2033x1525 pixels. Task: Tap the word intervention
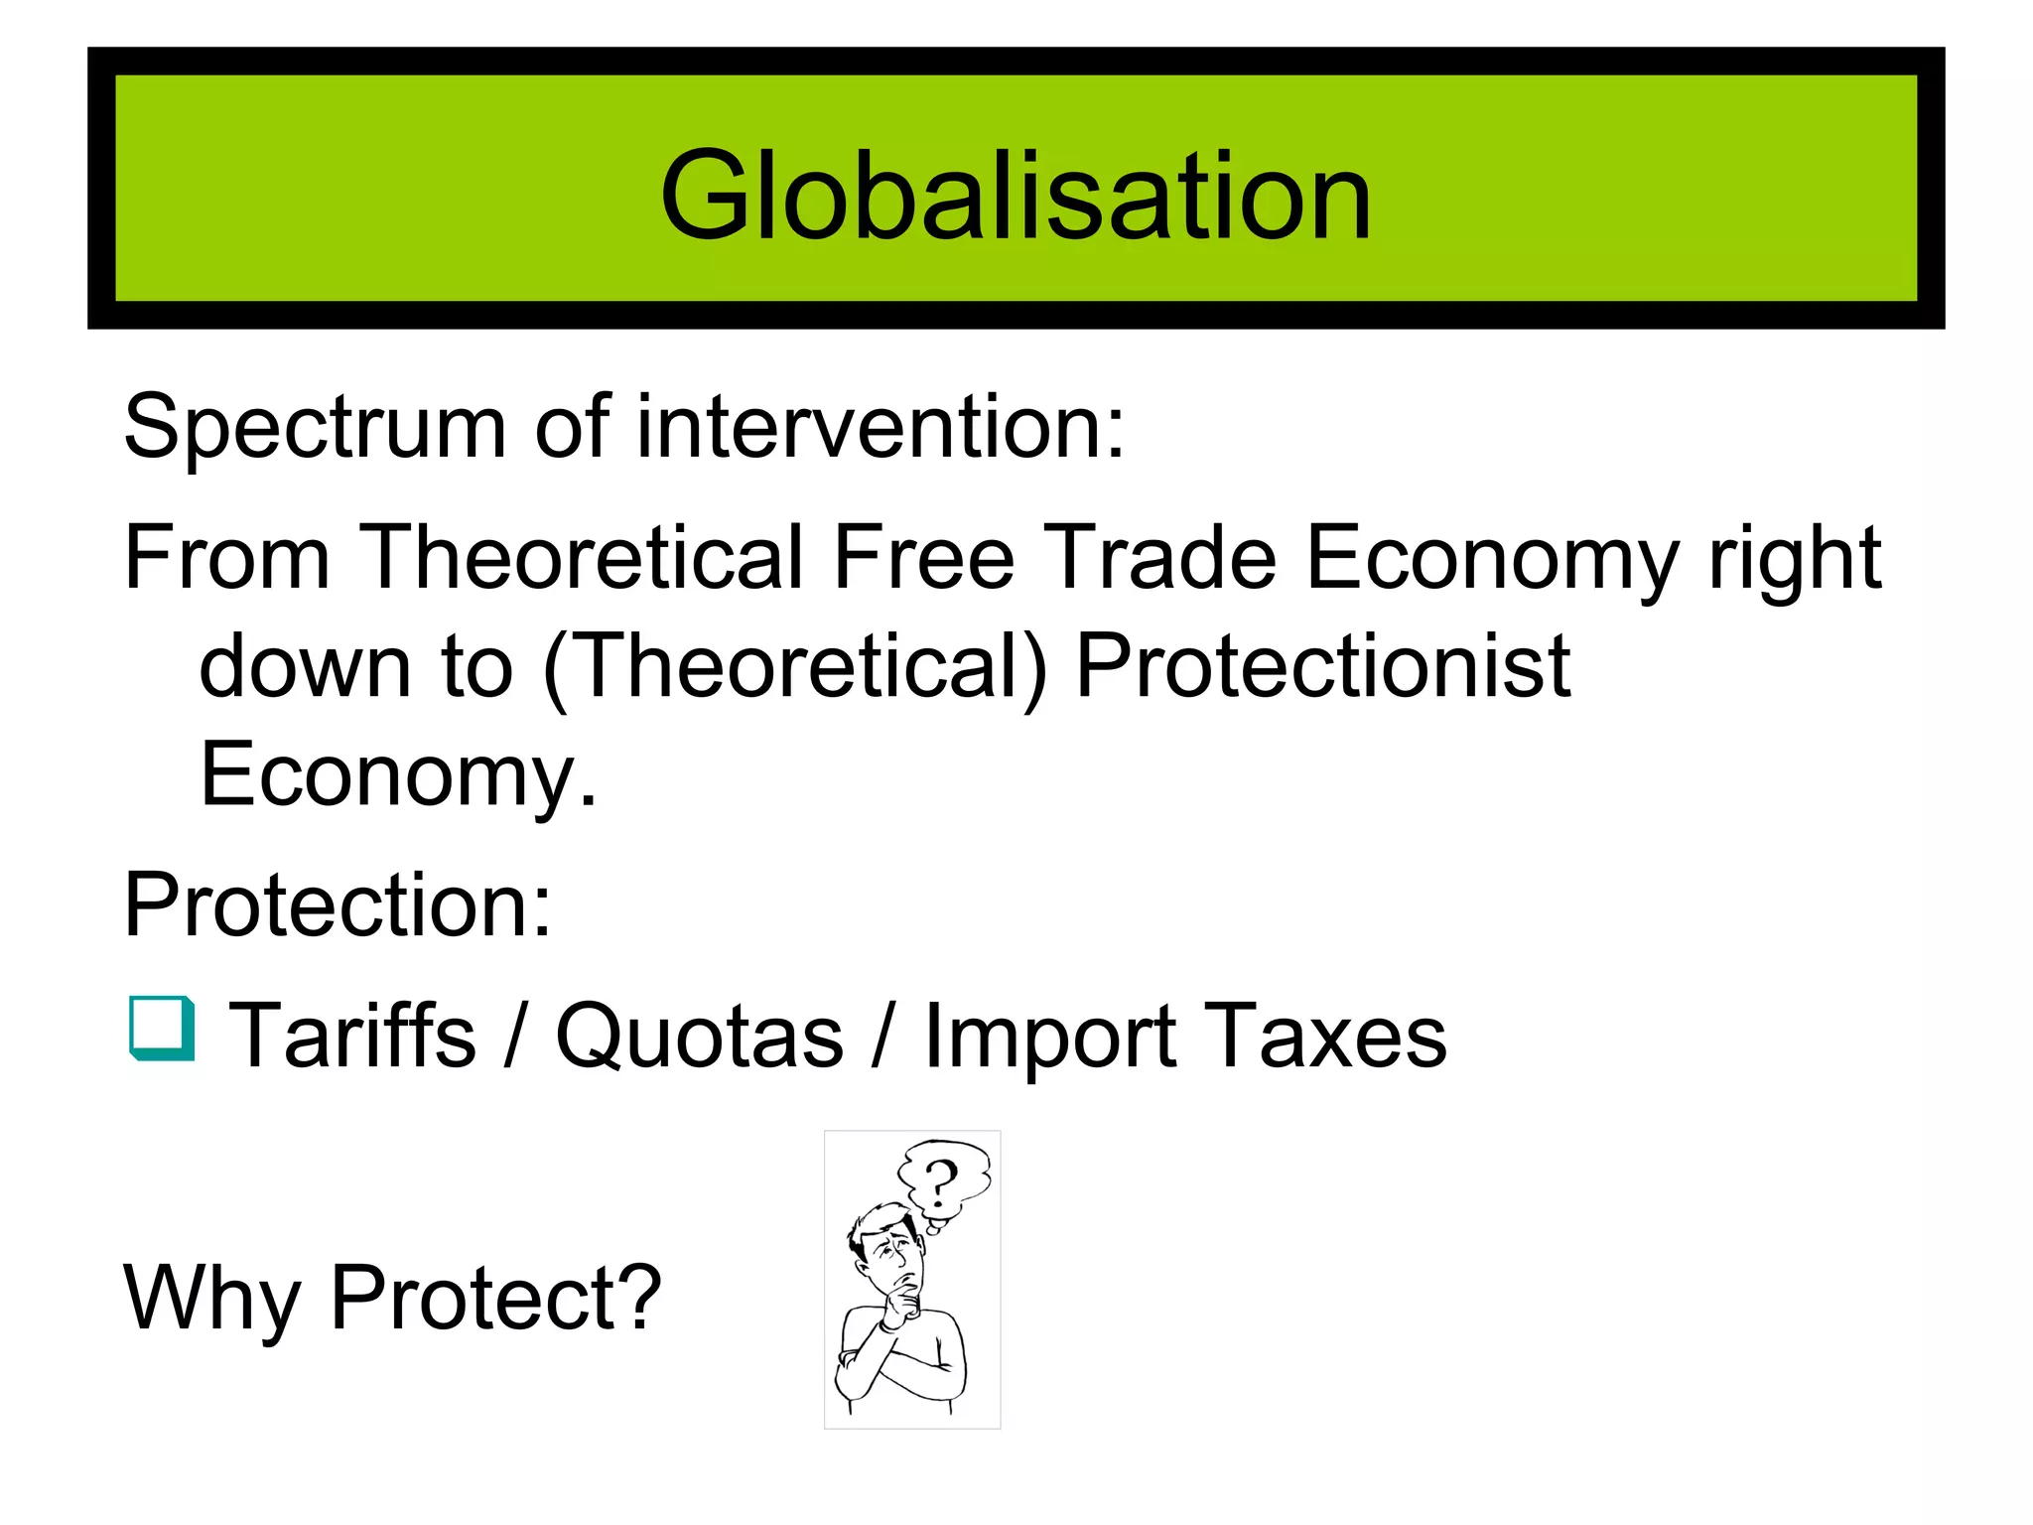tap(880, 427)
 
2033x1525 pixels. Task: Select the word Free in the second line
tap(923, 558)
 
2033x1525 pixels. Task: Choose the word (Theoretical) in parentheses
tap(795, 667)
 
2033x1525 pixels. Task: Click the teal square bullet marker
tap(162, 1029)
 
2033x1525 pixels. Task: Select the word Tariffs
tap(352, 1036)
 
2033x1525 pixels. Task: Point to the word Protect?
tap(495, 1298)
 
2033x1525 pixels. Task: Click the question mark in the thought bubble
tap(940, 1180)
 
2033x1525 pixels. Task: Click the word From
tap(226, 558)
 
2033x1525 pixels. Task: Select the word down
tap(306, 667)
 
